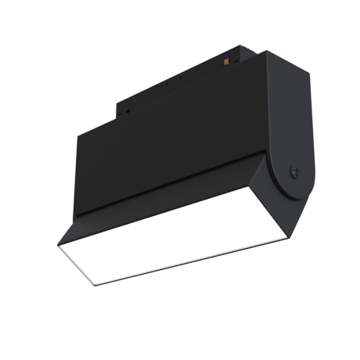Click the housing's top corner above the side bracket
click(x=266, y=52)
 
